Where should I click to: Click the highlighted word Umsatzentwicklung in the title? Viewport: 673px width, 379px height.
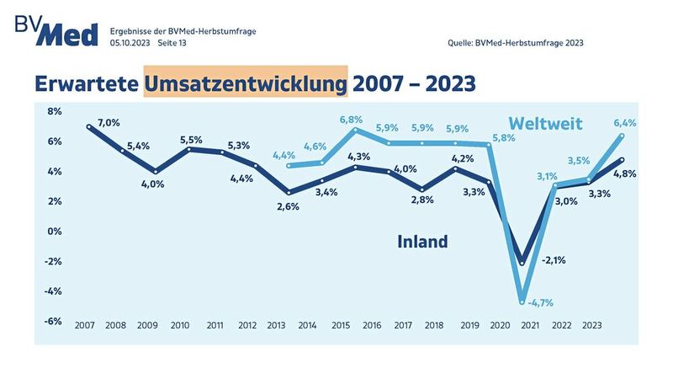[246, 84]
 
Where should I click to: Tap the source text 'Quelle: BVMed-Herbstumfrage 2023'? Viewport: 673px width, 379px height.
[517, 42]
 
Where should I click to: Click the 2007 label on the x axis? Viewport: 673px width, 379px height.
[84, 324]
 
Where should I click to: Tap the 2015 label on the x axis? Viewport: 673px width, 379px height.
[341, 324]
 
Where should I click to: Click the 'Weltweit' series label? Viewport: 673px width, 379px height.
[545, 124]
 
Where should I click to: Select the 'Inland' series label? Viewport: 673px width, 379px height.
[422, 243]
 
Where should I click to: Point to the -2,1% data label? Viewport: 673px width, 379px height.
[554, 260]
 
